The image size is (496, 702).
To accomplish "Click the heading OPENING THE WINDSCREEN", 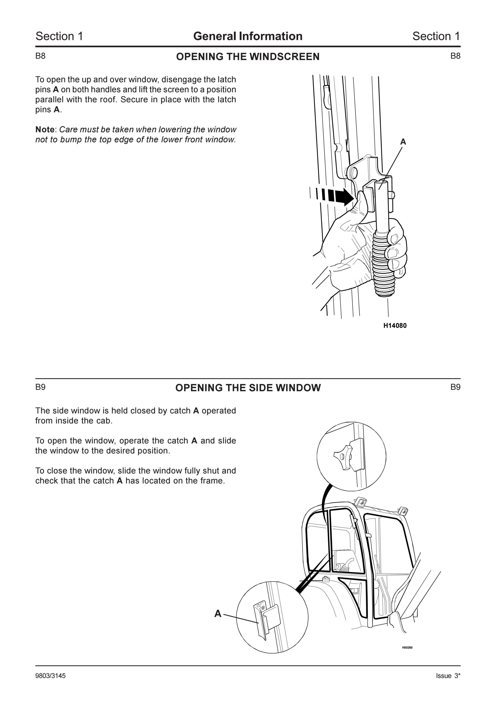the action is tap(248, 57).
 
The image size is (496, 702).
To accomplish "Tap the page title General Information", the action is tap(248, 36).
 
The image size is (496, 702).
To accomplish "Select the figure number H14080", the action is tap(395, 326).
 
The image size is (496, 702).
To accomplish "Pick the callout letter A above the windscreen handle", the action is tap(403, 142).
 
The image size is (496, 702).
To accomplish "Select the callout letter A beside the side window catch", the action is tap(218, 614).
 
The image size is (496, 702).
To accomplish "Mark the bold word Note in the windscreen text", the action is tap(45, 130).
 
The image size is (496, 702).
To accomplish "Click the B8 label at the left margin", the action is tap(40, 56).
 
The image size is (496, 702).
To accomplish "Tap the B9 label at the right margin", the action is tap(455, 387).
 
